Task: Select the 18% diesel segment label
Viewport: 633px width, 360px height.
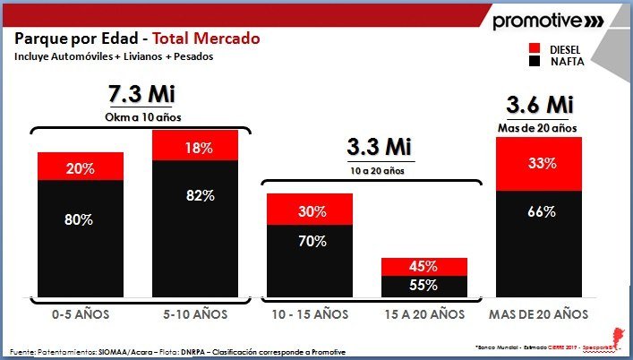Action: point(195,146)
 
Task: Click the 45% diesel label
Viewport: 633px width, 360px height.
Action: point(424,267)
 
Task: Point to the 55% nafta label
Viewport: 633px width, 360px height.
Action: point(424,286)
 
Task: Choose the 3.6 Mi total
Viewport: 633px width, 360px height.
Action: point(538,106)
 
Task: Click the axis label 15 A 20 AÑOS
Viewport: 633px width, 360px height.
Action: point(424,314)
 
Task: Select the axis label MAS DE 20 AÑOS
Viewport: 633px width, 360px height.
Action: point(539,314)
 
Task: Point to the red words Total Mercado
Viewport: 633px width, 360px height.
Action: point(206,39)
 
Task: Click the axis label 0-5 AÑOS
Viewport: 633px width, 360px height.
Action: point(81,314)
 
